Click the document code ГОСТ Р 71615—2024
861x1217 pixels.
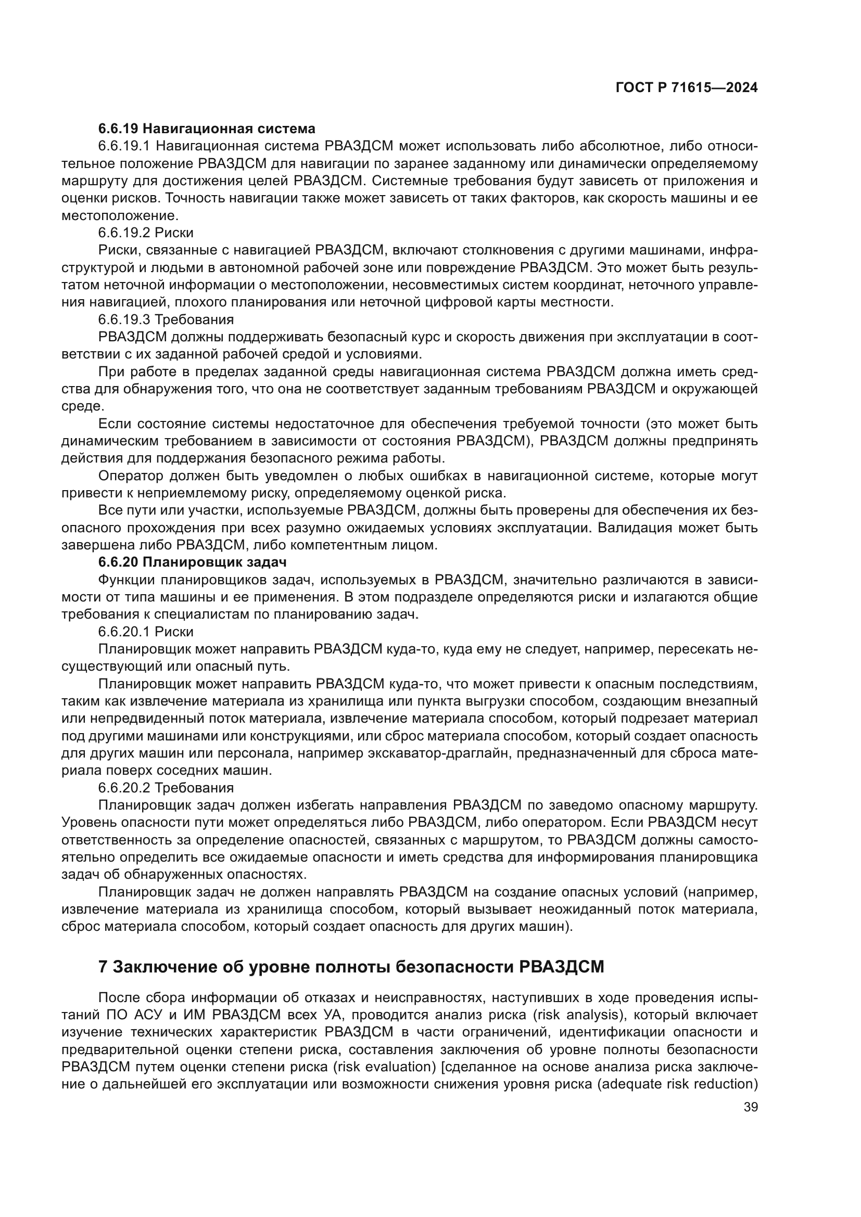(686, 88)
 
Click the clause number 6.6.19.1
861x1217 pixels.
(124, 146)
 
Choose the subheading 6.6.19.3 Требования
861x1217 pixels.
(166, 319)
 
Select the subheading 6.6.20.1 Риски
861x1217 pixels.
(146, 631)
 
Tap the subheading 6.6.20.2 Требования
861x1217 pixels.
(166, 787)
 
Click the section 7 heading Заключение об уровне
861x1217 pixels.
(351, 967)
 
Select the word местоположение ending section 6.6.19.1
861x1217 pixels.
(120, 216)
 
